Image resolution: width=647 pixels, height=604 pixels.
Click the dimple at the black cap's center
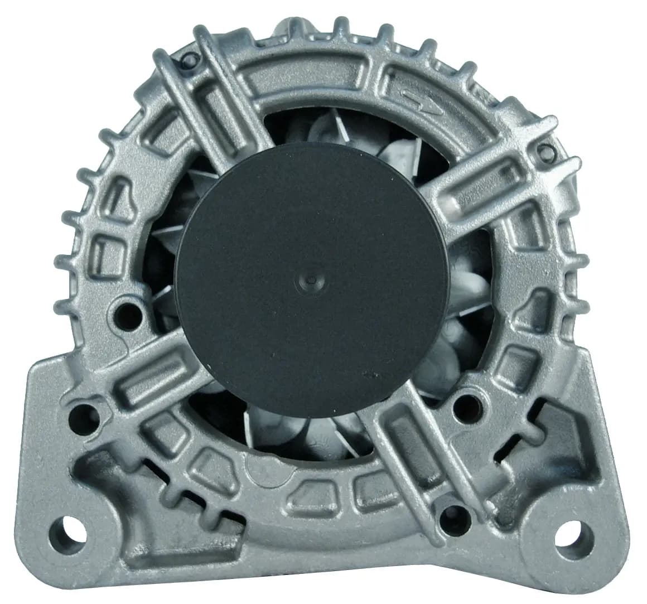(x=311, y=278)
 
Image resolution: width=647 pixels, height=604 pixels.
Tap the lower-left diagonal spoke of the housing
(x=139, y=379)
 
